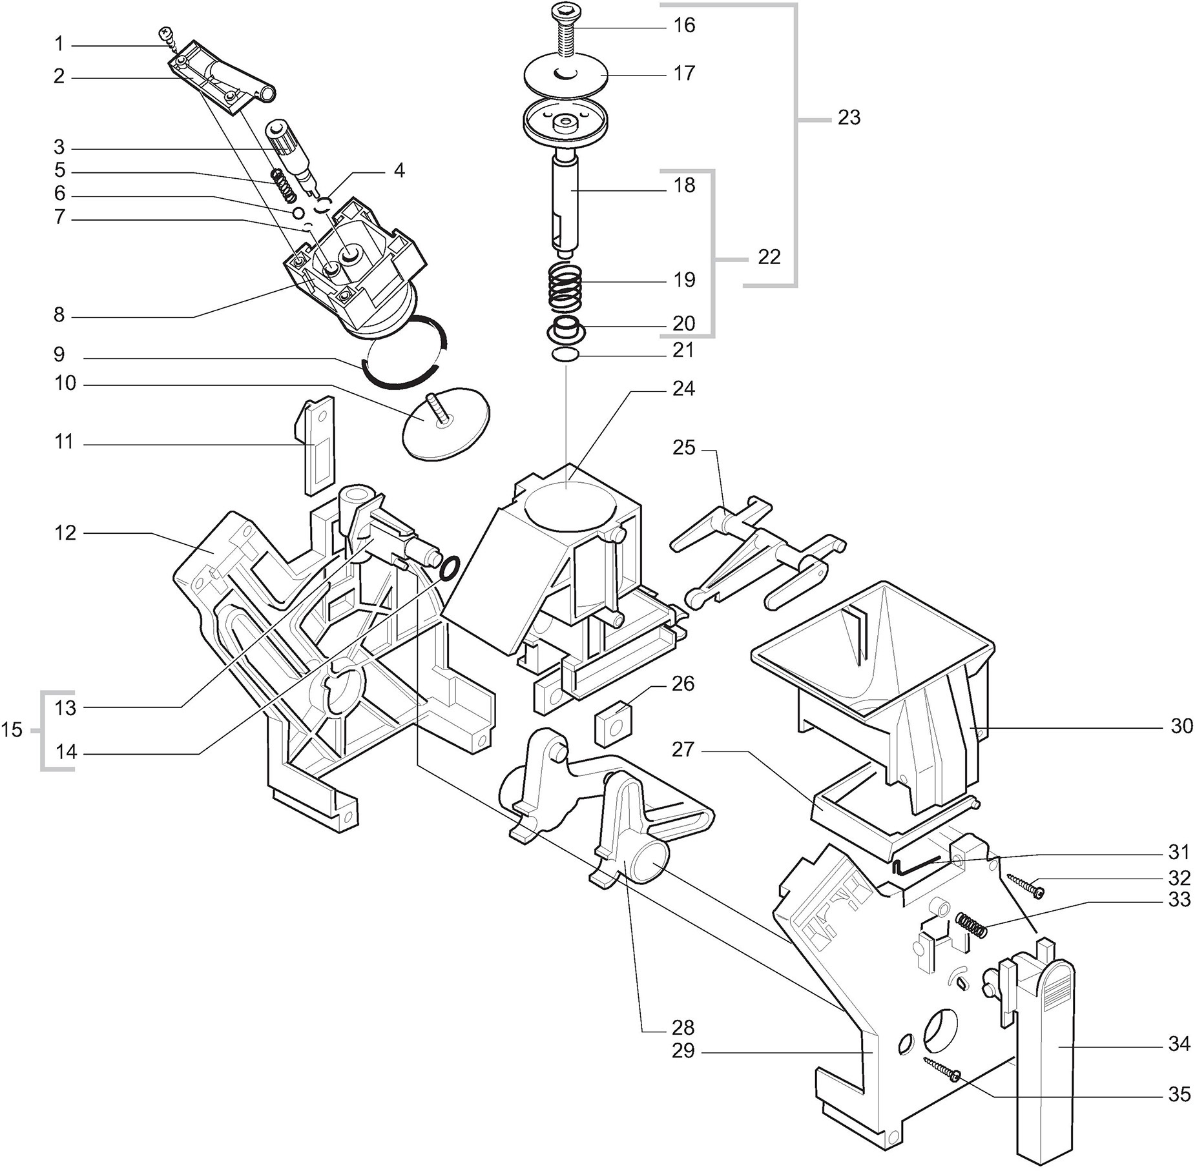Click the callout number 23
[849, 117]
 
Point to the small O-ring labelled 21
[566, 355]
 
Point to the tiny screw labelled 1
[168, 35]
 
